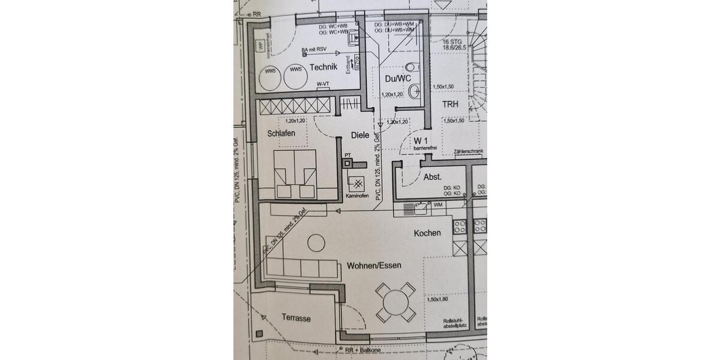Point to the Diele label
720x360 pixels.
point(360,135)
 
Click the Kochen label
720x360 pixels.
point(427,233)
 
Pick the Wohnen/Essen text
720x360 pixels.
point(373,265)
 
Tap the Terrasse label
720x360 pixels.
point(296,319)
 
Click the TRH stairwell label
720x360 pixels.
point(450,104)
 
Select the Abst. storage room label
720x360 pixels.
point(433,177)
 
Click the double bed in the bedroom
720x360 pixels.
point(295,174)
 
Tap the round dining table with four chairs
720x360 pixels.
point(395,301)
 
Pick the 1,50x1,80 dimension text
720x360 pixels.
point(438,299)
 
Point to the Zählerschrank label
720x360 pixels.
point(469,153)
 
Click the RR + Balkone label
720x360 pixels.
point(362,350)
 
